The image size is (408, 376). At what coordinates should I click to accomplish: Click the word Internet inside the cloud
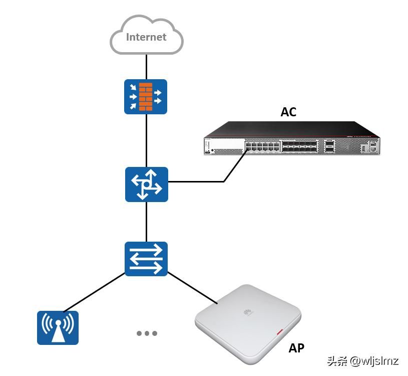coord(146,37)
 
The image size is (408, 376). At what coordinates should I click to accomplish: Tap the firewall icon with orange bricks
coord(146,97)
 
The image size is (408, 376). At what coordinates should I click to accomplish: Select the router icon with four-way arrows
coord(146,184)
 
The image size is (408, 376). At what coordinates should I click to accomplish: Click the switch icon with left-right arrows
coord(146,259)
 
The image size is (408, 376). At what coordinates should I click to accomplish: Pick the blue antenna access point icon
coord(58,328)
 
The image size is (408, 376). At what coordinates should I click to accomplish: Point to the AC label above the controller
coord(288,112)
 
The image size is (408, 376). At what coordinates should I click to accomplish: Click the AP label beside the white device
coord(296,348)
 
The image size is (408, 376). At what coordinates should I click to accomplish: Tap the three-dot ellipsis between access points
coord(147,333)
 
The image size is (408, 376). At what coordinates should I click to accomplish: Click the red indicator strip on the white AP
coord(279,332)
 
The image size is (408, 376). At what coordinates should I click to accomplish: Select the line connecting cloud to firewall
coord(146,66)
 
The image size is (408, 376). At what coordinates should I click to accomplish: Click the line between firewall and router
coord(146,140)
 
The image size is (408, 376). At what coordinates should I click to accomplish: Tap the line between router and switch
coord(146,222)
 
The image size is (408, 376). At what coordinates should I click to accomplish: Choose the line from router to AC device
coord(200,181)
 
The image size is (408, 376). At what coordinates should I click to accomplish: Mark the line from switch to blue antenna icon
coord(94,292)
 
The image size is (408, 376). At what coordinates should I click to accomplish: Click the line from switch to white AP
coord(193,289)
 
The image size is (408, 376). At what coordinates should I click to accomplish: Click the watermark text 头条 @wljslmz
coord(362,361)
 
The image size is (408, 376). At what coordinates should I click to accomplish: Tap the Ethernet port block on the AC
coord(262,146)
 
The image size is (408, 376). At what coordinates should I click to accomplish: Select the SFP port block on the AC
coord(300,146)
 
